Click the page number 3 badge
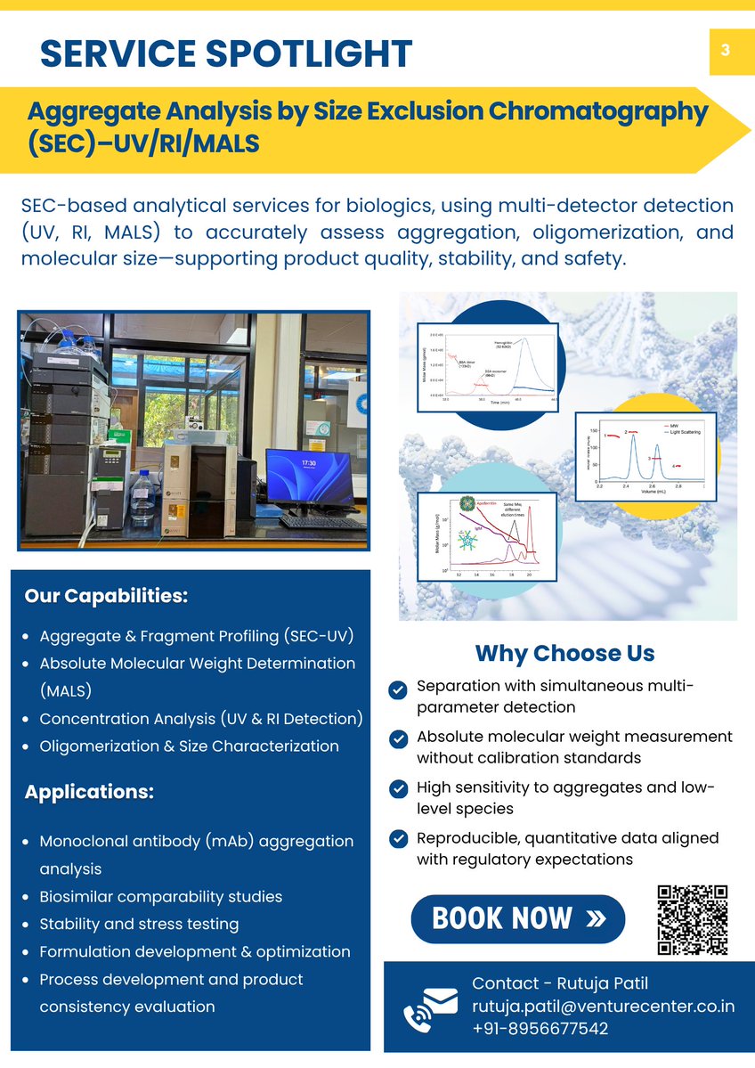[726, 51]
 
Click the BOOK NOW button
[517, 918]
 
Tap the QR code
[692, 919]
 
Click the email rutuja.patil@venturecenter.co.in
[603, 1007]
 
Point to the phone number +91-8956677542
[540, 1029]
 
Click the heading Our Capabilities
[106, 596]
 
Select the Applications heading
[89, 792]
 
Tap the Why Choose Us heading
[564, 653]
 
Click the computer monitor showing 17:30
[308, 477]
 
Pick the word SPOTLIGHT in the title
[311, 54]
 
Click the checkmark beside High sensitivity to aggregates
[399, 789]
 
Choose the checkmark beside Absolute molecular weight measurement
[399, 738]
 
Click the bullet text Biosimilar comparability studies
[160, 897]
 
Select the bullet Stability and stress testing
[139, 924]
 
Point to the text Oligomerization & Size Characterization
[189, 746]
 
